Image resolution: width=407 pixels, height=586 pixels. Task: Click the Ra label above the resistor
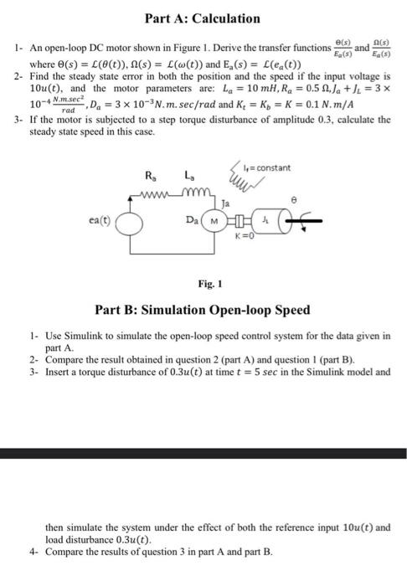click(x=150, y=175)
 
